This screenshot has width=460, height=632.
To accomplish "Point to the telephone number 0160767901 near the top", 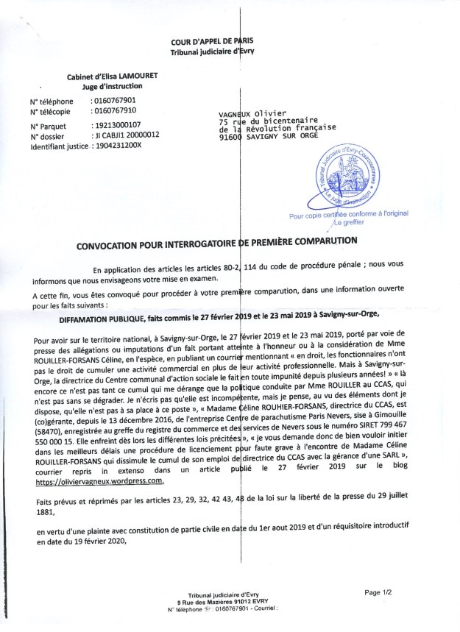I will tap(116, 101).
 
